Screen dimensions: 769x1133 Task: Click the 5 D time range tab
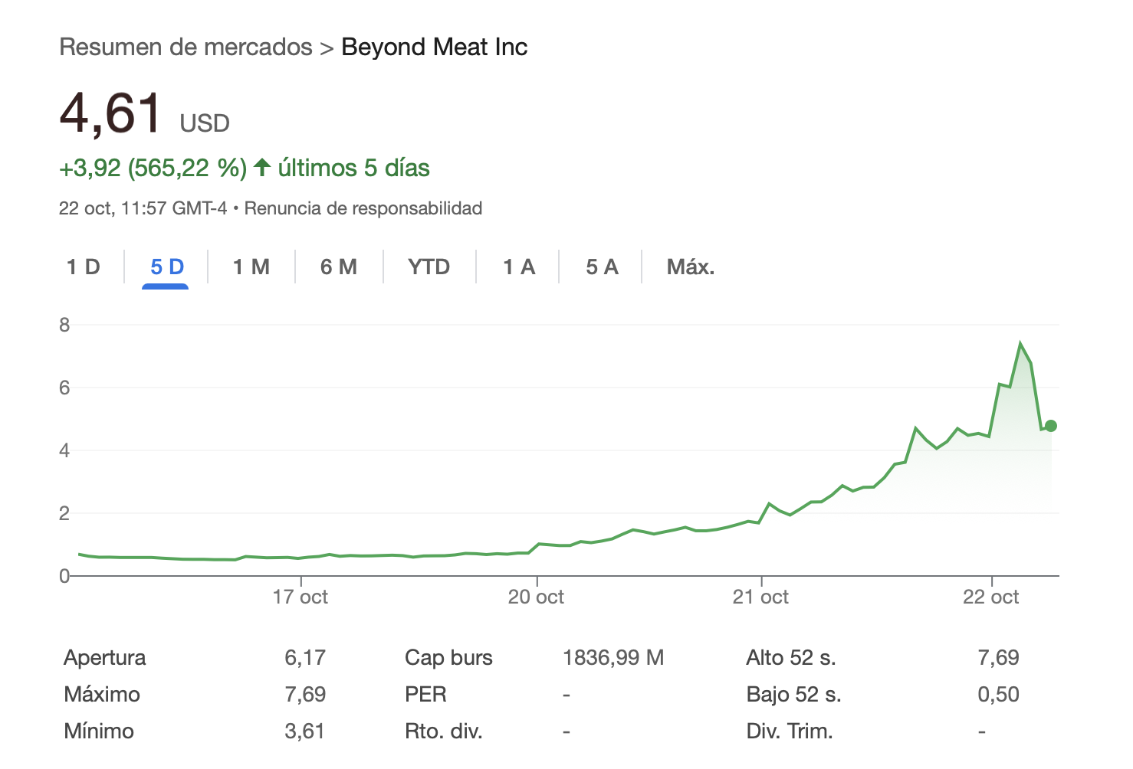(x=166, y=267)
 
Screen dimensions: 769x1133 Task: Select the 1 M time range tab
(x=251, y=267)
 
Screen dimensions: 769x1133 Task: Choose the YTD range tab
(x=429, y=267)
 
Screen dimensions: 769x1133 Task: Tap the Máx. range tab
(x=690, y=267)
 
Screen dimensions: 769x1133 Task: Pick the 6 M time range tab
(x=338, y=267)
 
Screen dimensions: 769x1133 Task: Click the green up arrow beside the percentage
(x=262, y=167)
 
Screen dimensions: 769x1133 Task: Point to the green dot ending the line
(x=1050, y=426)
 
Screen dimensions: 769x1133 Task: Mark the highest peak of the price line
(x=1020, y=343)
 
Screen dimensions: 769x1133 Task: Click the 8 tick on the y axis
(x=64, y=325)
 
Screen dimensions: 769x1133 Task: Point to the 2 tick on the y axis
(x=64, y=513)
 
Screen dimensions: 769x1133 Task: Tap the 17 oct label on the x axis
(x=300, y=597)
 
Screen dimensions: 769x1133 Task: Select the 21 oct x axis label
(x=760, y=597)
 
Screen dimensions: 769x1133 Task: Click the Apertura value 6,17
(x=304, y=657)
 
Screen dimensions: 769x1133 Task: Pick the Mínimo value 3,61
(x=304, y=731)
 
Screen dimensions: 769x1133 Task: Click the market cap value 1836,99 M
(x=612, y=657)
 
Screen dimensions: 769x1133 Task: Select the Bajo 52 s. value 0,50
(x=998, y=694)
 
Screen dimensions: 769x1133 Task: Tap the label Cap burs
(x=448, y=657)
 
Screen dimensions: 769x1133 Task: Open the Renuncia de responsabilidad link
(x=363, y=208)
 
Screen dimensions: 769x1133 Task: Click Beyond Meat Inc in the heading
(x=434, y=47)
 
